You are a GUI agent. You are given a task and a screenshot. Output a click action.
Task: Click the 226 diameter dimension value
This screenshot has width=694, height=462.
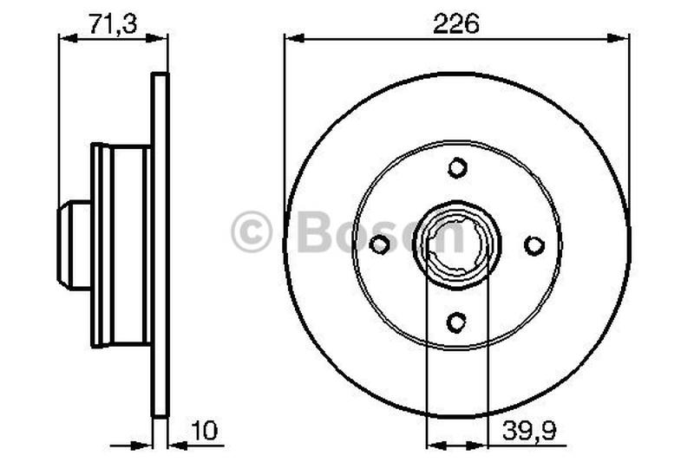click(x=456, y=23)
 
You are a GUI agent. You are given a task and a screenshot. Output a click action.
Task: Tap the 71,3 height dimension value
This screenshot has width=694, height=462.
click(x=113, y=23)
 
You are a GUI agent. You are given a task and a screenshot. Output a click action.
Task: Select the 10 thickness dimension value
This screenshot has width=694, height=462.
click(x=204, y=430)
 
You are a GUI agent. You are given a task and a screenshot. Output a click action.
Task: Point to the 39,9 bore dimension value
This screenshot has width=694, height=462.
click(x=529, y=430)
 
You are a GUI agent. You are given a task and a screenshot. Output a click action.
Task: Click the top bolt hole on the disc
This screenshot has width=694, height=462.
click(x=457, y=167)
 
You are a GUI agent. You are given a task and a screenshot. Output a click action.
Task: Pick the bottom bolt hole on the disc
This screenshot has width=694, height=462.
click(x=456, y=322)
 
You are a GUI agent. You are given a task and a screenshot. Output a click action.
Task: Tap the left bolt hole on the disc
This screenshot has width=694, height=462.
click(x=379, y=244)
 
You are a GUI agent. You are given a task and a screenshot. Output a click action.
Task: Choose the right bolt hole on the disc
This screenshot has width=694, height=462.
click(x=534, y=245)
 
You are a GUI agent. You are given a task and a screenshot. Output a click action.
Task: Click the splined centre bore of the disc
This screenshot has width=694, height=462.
click(x=457, y=245)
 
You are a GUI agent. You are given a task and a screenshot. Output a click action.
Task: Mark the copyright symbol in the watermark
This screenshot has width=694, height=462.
click(x=252, y=231)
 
